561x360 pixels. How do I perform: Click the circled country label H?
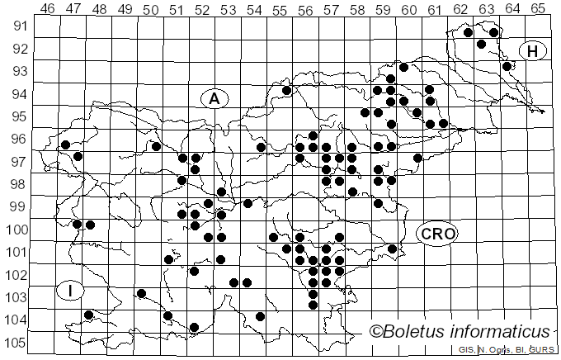coord(533,51)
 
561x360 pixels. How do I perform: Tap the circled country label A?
coord(214,99)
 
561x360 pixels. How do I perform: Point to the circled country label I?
coord(71,290)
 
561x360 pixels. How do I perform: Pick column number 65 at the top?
coord(537,8)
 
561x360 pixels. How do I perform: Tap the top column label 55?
coord(280,8)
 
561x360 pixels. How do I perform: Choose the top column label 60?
coord(408,8)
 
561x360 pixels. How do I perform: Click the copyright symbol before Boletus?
coord(377,331)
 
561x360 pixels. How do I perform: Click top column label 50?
coord(151,8)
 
